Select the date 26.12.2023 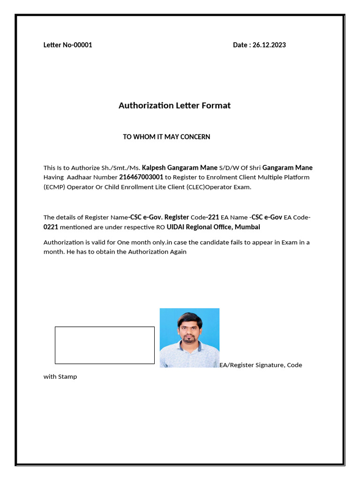[x=269, y=45]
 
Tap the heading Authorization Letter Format [x=174, y=105]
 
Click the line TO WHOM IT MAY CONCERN [x=166, y=137]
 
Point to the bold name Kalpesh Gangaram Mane [x=180, y=167]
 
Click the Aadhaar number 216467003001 [x=141, y=177]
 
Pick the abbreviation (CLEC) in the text [x=192, y=187]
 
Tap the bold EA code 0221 [x=51, y=227]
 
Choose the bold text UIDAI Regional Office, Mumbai [x=213, y=227]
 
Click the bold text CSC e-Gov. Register [x=159, y=217]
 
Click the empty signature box [x=105, y=345]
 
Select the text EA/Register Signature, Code [x=261, y=365]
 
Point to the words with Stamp [x=60, y=376]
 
